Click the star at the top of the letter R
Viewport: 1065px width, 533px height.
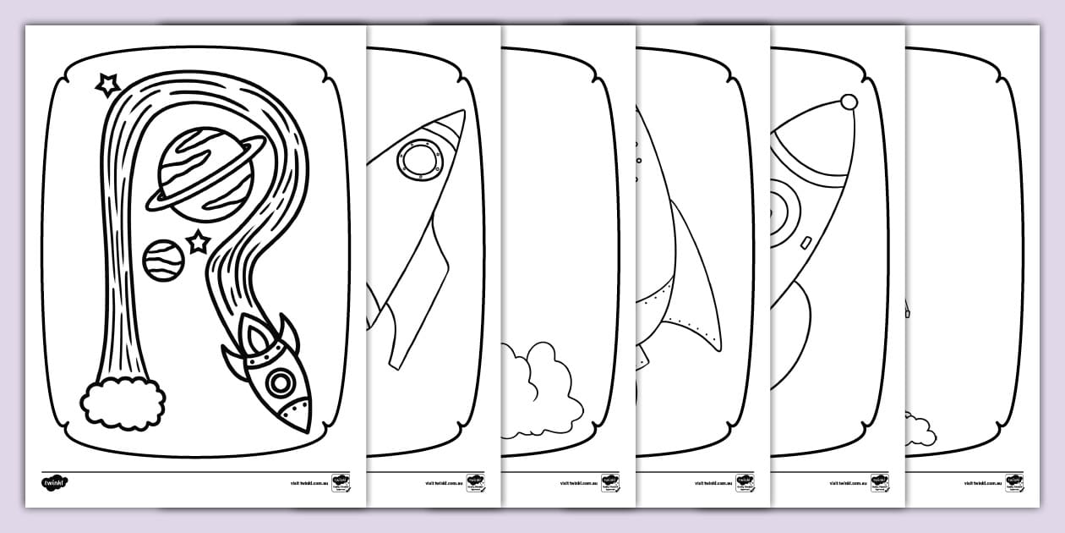(x=107, y=84)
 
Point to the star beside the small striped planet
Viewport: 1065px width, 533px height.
(x=198, y=243)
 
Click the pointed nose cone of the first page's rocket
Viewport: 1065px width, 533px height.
(x=298, y=415)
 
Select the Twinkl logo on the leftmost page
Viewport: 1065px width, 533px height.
(x=54, y=483)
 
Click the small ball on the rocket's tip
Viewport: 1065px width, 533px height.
(x=849, y=102)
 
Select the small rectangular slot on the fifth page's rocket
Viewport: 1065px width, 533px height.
(x=805, y=244)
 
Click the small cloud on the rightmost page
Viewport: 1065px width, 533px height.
(x=920, y=430)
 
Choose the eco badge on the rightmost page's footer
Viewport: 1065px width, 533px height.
(x=1014, y=483)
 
